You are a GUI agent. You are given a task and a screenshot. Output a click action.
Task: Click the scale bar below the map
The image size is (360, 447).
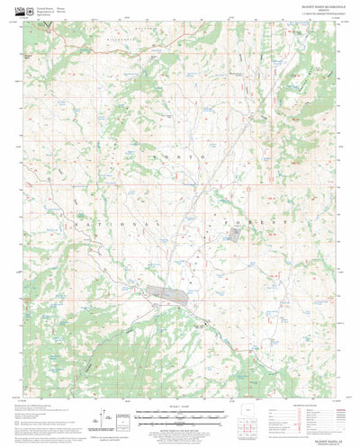coord(177,416)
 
